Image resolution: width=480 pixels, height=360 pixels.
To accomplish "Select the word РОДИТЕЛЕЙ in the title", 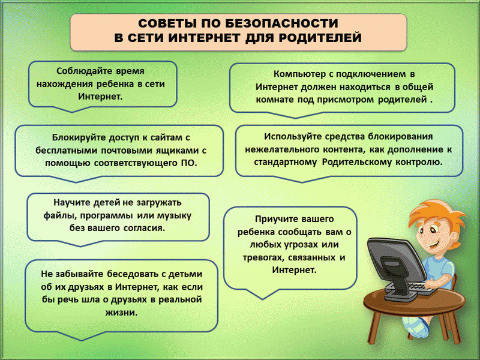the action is (x=320, y=38).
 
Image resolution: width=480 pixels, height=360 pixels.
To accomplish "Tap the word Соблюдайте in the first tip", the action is (x=84, y=71).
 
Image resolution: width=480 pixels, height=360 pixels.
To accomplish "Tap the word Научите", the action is (x=72, y=203).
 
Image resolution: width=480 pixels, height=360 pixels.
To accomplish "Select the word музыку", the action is (x=174, y=216).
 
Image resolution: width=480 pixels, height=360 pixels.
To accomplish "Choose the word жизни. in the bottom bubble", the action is (x=122, y=312).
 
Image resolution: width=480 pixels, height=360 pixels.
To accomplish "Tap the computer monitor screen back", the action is (x=394, y=260).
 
